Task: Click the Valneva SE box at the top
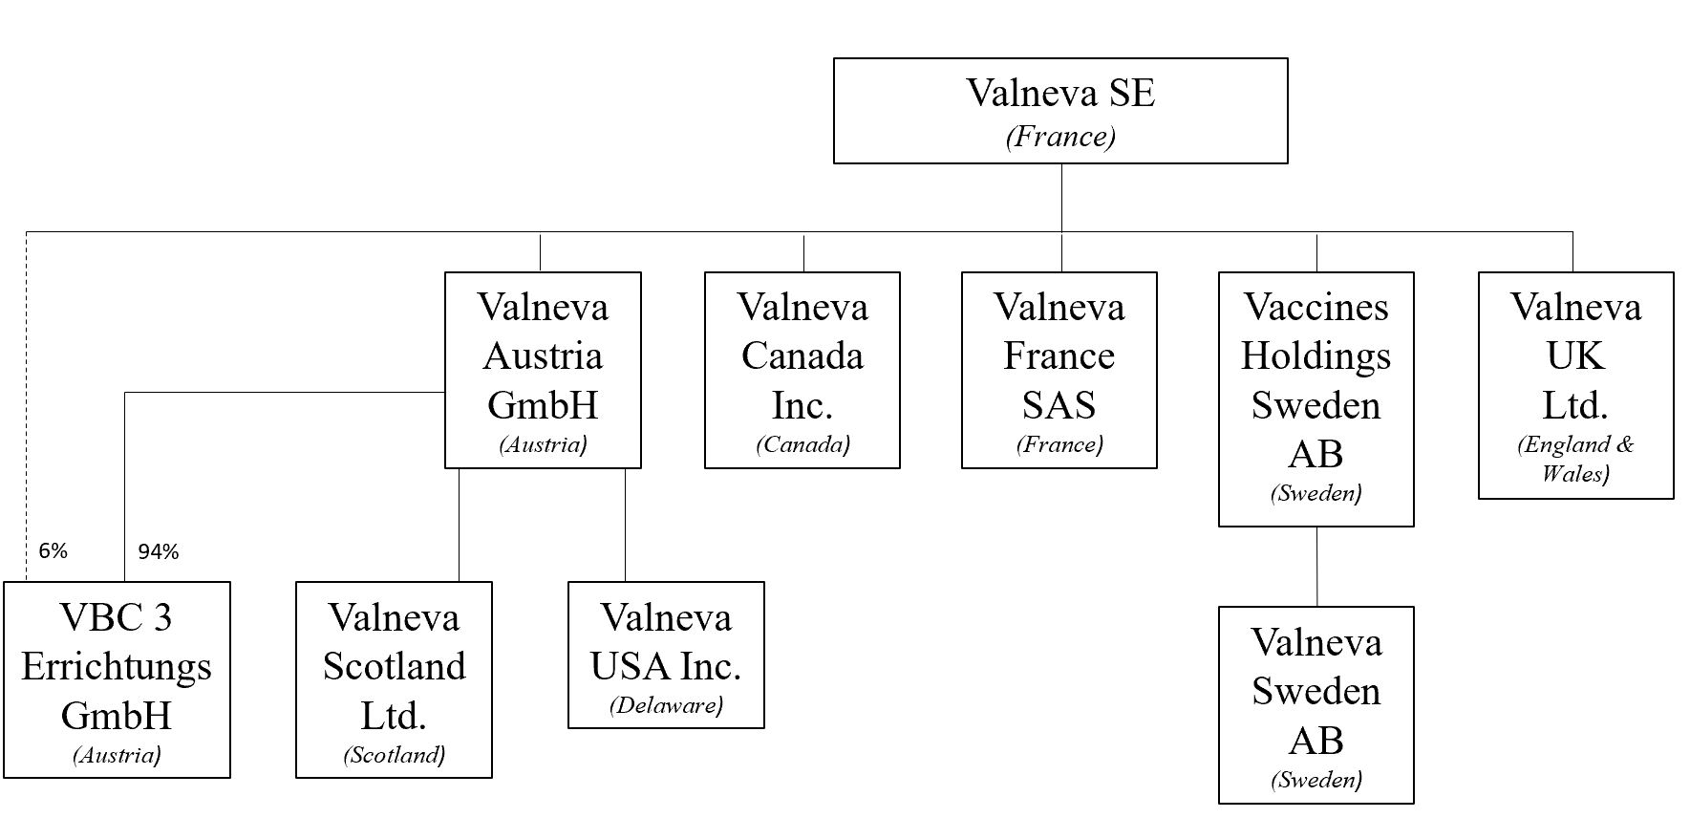(x=1060, y=111)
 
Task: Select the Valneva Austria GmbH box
(x=543, y=371)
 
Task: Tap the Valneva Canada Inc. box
(x=802, y=371)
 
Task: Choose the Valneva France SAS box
(x=1059, y=371)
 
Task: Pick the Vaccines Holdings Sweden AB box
(x=1316, y=399)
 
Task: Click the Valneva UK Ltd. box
(x=1576, y=385)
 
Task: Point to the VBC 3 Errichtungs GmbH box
(x=117, y=679)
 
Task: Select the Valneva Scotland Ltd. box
(x=394, y=679)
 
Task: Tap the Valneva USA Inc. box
(x=666, y=655)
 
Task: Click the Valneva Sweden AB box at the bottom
(x=1316, y=705)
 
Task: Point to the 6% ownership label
(x=53, y=551)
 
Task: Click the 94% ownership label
(x=159, y=551)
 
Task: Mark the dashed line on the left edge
(x=27, y=401)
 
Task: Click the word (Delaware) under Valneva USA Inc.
(x=666, y=705)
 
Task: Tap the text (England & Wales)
(x=1576, y=458)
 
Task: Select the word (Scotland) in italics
(x=394, y=755)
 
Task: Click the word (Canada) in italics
(x=802, y=444)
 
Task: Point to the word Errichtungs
(x=117, y=667)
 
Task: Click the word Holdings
(x=1316, y=356)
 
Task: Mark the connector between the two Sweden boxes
(x=1317, y=567)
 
